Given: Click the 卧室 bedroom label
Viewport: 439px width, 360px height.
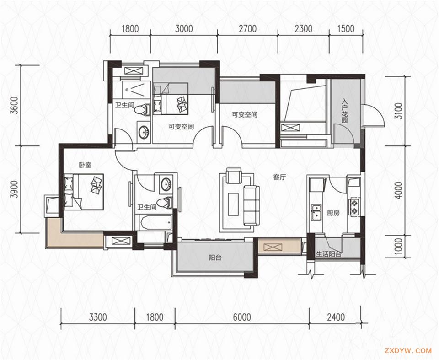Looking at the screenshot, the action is click(x=85, y=165).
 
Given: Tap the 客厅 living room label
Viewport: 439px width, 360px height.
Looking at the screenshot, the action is click(x=279, y=177).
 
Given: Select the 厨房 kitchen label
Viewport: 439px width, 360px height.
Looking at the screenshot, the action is click(x=333, y=213).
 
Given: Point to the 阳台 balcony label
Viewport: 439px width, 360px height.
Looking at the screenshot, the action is click(x=215, y=258).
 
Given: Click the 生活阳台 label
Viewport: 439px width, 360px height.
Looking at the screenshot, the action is click(x=328, y=254).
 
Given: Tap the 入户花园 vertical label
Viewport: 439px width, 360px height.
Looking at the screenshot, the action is click(x=344, y=111).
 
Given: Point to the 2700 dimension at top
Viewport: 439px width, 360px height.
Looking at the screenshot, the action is click(x=247, y=29).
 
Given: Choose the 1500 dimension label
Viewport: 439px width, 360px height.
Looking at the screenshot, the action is click(x=346, y=29).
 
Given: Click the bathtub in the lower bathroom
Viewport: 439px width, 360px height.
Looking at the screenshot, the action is click(x=156, y=223).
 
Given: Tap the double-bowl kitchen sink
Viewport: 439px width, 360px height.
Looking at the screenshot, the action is click(x=316, y=213).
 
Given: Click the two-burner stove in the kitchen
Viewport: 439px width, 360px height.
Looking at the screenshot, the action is click(x=353, y=207).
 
